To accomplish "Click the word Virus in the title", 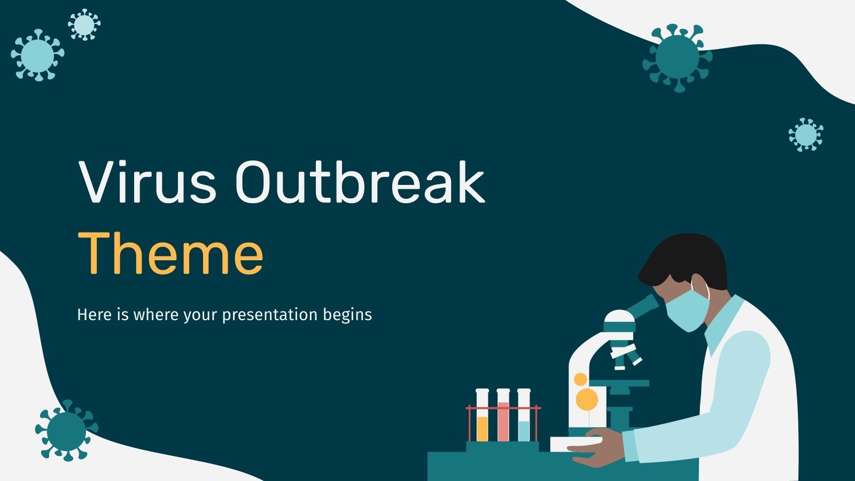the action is [x=147, y=182].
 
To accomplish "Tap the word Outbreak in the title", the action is [x=360, y=182].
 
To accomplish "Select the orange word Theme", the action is [x=170, y=253].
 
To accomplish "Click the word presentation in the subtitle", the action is [x=270, y=315].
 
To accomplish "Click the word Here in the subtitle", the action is [x=94, y=315].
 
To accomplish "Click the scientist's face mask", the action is [x=687, y=310].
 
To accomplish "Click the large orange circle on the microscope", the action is [x=586, y=399].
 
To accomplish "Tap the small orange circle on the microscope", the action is [x=580, y=379].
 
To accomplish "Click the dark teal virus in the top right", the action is [x=678, y=58].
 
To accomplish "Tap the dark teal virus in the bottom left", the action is [x=66, y=431].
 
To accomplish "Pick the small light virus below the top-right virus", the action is [x=806, y=134].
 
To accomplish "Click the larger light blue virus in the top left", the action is [x=37, y=55].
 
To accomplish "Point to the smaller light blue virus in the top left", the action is [x=84, y=25].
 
